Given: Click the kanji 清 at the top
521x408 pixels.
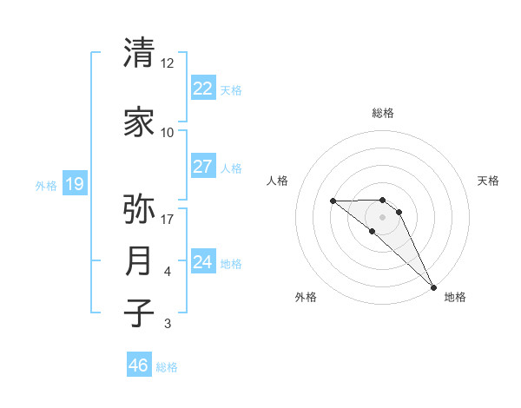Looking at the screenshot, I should click(139, 53).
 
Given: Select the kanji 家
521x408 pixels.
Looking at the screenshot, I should click(139, 122).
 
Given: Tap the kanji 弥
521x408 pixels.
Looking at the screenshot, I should click(139, 209).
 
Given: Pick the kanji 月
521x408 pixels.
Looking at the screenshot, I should click(139, 261).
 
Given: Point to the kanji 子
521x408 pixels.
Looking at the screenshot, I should click(139, 313).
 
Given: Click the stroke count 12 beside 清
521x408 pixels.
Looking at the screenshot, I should click(167, 63).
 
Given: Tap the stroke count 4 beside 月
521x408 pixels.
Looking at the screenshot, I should click(167, 272).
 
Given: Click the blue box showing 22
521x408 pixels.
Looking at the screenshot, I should click(202, 88).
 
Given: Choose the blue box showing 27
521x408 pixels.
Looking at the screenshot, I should click(202, 166).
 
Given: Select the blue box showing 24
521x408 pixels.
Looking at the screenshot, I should click(202, 261).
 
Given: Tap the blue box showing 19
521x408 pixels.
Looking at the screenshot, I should click(75, 183).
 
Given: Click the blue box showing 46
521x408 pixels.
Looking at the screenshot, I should click(139, 365).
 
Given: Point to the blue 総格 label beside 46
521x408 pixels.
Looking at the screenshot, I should click(167, 367).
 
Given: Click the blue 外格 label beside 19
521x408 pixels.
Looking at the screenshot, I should click(45, 185).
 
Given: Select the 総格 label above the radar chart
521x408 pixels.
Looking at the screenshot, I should click(383, 113).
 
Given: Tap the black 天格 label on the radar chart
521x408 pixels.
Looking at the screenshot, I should click(489, 181).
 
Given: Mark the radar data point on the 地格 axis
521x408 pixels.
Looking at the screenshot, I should click(433, 286).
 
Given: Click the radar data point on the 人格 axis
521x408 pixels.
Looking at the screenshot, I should click(333, 201).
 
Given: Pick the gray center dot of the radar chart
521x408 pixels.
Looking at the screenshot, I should click(383, 216).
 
